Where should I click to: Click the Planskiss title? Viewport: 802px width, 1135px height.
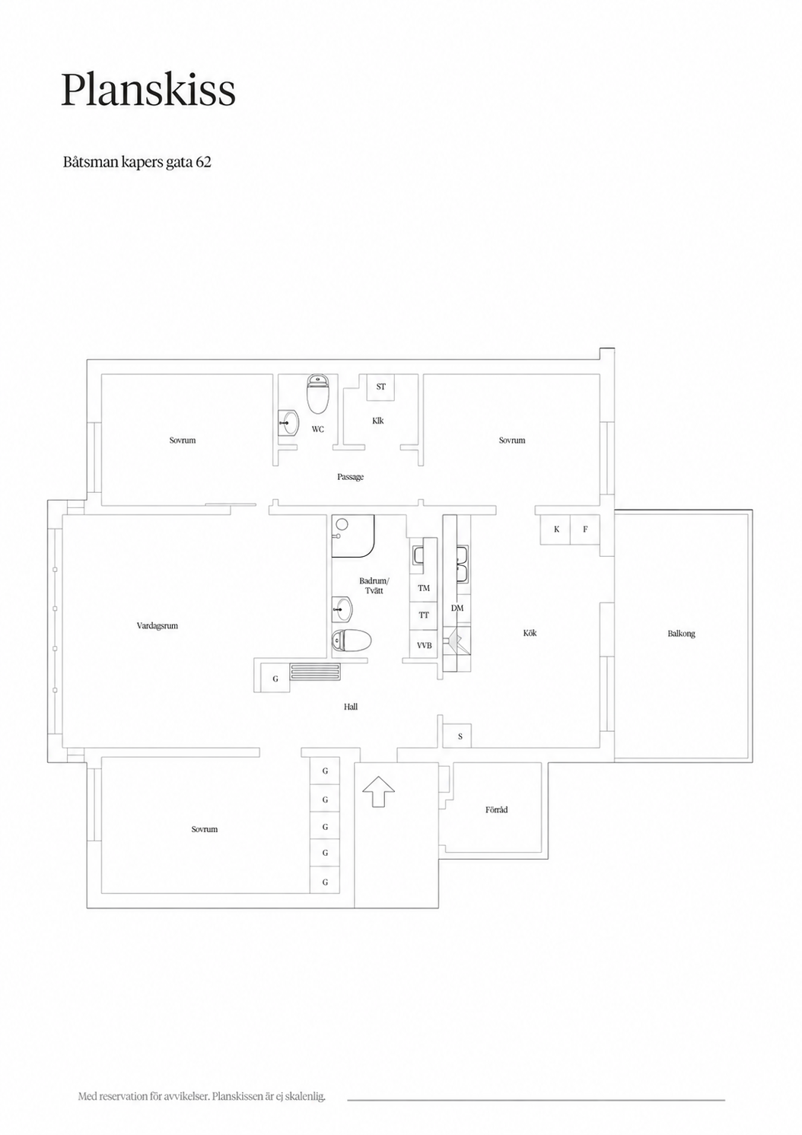tap(148, 91)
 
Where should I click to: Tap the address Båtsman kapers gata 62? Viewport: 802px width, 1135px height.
tap(137, 162)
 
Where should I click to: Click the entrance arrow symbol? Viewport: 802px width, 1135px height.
tap(379, 792)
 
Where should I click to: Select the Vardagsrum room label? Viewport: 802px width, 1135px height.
tap(158, 625)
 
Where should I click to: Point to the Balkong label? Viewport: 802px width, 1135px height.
tap(681, 634)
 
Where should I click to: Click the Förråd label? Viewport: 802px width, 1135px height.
tap(496, 809)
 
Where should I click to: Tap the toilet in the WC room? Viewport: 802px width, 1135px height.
tap(318, 393)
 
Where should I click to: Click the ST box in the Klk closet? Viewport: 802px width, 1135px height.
tap(380, 387)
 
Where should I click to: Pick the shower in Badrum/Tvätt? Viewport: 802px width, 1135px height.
tap(353, 536)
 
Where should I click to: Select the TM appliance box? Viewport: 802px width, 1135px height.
tap(423, 588)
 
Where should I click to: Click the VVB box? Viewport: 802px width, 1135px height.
tap(424, 645)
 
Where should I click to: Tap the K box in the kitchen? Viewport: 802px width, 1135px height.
tap(556, 529)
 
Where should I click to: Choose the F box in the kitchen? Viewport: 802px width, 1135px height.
tap(585, 529)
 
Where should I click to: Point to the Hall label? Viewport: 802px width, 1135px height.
tap(350, 707)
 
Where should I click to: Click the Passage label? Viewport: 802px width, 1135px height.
tap(350, 477)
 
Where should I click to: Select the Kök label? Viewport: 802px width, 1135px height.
tap(530, 633)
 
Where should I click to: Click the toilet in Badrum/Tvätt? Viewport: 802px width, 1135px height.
tap(352, 641)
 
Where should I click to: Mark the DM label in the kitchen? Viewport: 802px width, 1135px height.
tap(457, 608)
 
